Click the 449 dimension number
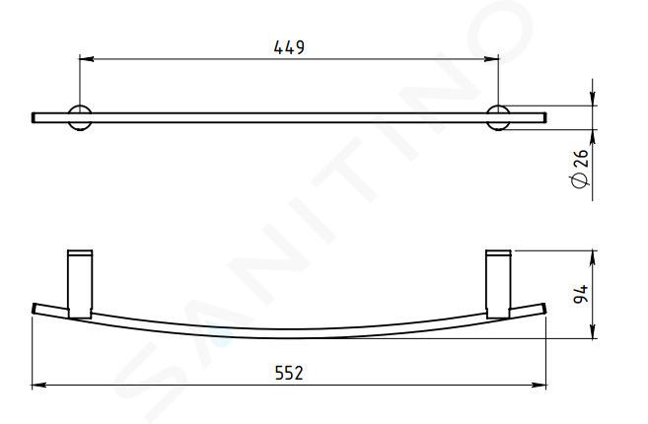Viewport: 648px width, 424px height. coord(289,47)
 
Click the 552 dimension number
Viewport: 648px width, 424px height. coord(289,373)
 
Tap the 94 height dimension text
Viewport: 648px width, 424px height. coord(581,294)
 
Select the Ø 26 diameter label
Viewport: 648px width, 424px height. coord(580,169)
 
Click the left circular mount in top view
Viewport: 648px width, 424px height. coord(80,117)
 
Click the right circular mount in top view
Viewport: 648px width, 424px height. coord(498,117)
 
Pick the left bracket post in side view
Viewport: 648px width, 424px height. coord(80,284)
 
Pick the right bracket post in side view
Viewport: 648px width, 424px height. coord(499,284)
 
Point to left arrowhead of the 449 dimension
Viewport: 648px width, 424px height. coord(86,59)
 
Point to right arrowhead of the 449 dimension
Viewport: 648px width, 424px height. coord(492,59)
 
